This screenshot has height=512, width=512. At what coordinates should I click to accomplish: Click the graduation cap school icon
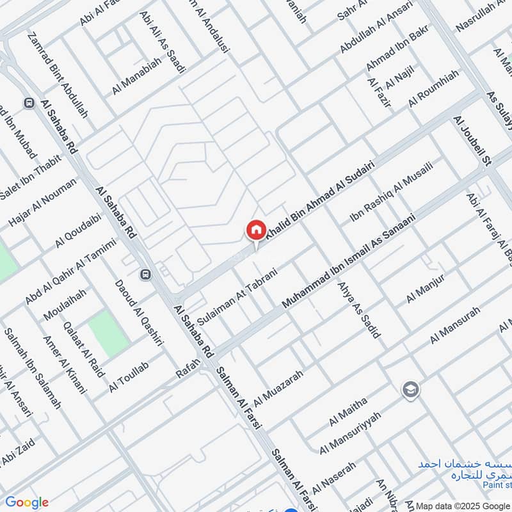(x=410, y=389)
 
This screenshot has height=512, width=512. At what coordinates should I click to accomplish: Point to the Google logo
(x=26, y=502)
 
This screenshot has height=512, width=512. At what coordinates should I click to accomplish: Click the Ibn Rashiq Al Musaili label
(x=391, y=193)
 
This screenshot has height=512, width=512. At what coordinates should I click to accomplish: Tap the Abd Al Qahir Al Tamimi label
(x=70, y=272)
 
